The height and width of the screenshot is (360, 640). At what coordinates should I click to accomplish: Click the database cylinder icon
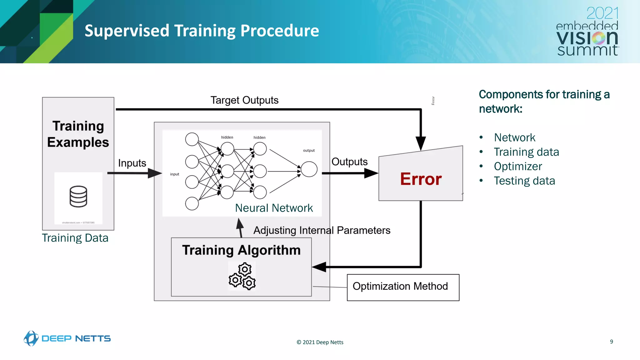coord(78,196)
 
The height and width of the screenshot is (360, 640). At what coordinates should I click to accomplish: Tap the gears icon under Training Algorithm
coord(242,276)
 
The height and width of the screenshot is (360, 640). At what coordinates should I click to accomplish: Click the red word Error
coord(421,179)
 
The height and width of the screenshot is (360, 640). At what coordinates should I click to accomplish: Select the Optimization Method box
coord(403,287)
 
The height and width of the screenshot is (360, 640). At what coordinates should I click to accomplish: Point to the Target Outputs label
coord(244,100)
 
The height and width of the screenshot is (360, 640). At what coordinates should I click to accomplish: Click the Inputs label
coord(132,163)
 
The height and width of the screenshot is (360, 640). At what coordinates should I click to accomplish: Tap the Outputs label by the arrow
coord(349,162)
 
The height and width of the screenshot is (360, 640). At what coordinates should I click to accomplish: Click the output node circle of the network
coord(309,169)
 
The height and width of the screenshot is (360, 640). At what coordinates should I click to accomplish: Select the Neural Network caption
coord(274,208)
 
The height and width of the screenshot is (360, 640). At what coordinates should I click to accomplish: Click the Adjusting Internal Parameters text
coord(322,231)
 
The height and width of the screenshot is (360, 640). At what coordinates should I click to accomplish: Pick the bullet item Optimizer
coord(518,167)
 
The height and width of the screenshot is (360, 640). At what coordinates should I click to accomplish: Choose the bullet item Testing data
coord(524,181)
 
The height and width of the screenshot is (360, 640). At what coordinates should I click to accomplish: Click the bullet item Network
coord(514,138)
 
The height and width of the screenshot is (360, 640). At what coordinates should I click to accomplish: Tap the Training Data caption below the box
coord(75,238)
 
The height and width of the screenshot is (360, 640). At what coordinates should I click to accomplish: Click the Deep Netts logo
coord(67,338)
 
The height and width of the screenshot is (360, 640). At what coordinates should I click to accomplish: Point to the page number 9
coord(611,342)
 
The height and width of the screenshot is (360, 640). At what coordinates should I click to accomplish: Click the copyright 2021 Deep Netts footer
coord(320,342)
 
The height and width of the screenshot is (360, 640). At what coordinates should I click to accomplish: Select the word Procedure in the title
coord(280,31)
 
